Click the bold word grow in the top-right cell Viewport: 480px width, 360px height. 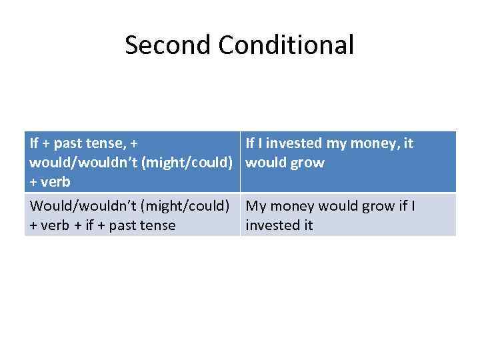pyautogui.click(x=307, y=163)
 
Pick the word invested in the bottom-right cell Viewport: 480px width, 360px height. pyautogui.click(x=273, y=225)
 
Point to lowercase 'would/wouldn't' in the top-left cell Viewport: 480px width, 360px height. pyautogui.click(x=80, y=163)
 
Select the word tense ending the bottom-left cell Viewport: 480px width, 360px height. pyautogui.click(x=159, y=225)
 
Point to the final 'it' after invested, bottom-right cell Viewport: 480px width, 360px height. pyautogui.click(x=307, y=225)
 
